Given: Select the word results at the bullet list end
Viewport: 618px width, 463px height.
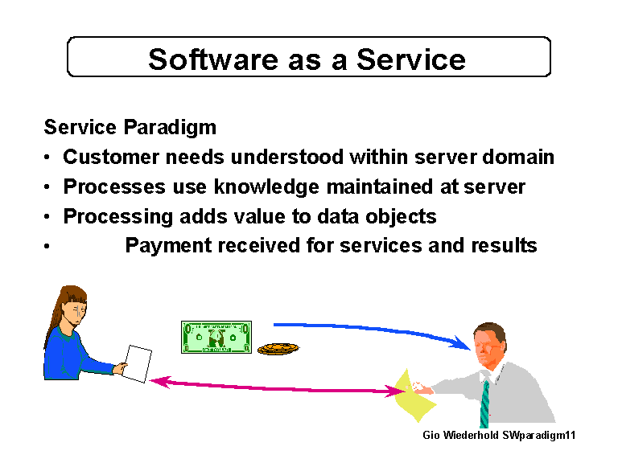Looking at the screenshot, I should pos(504,246).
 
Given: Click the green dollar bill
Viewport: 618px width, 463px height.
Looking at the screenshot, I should pos(216,338).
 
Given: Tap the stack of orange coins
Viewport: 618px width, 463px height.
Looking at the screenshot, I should pos(277,348).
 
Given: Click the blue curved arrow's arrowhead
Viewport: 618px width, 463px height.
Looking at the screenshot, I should pos(463,344).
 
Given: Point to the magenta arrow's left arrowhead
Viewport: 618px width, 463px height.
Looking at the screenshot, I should pos(158,382).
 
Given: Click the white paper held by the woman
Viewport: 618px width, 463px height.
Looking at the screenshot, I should pos(137,363).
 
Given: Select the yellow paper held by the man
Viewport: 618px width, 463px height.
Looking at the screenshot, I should pos(419,397).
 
